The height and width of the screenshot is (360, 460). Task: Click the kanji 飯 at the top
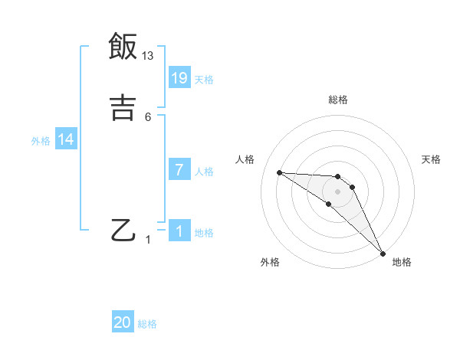[123, 47]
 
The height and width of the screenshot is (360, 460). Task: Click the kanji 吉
[123, 106]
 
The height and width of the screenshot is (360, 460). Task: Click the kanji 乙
[123, 231]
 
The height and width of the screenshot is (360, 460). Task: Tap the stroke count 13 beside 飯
[148, 55]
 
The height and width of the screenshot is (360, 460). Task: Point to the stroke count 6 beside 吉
[148, 116]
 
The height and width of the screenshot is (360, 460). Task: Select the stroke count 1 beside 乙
[149, 241]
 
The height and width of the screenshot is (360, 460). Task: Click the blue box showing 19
[179, 77]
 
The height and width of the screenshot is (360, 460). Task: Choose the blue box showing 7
[179, 169]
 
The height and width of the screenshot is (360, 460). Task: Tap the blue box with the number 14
[66, 139]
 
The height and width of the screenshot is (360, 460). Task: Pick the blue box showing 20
[123, 322]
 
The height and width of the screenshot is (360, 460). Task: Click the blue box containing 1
[179, 231]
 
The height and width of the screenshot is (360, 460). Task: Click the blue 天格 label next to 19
[204, 79]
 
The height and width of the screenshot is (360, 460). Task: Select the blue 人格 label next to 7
[204, 172]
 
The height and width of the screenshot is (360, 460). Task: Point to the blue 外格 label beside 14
[41, 141]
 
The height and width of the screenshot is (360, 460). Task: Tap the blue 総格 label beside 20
[147, 324]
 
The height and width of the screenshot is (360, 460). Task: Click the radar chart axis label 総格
[338, 100]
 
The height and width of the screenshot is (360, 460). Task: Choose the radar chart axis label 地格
[402, 262]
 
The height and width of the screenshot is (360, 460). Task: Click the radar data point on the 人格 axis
[279, 172]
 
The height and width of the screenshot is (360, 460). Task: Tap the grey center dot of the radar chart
[337, 191]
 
